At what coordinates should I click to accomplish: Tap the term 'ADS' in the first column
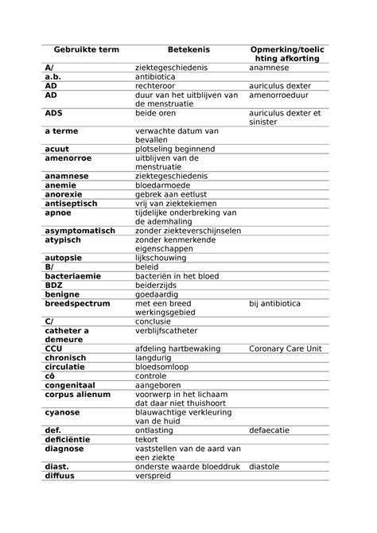pyautogui.click(x=54, y=113)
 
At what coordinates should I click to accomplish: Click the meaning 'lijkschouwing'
pyautogui.click(x=164, y=258)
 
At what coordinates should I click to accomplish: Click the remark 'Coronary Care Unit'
pyautogui.click(x=285, y=348)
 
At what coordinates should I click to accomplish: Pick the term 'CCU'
pyautogui.click(x=54, y=348)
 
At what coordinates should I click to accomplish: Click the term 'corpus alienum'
pyautogui.click(x=77, y=394)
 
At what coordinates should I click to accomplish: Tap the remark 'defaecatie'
pyautogui.click(x=274, y=430)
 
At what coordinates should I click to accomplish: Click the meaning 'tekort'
pyautogui.click(x=147, y=439)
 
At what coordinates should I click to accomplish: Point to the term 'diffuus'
pyautogui.click(x=61, y=476)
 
